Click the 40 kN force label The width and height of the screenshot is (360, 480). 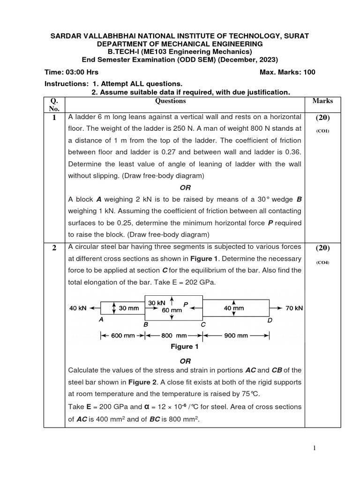78,308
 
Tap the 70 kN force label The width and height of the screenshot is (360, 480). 294,308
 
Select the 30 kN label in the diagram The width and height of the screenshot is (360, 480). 157,303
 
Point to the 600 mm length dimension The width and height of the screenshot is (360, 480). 123,336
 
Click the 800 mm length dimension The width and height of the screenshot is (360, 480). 174,336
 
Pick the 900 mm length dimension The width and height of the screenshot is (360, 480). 235,336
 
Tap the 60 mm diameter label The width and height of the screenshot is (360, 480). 172,310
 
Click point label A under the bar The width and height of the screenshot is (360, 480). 101,319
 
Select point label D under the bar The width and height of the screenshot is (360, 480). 270,320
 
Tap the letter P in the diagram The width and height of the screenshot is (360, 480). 186,305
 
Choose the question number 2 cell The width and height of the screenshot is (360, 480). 54,248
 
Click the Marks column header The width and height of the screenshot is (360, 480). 322,101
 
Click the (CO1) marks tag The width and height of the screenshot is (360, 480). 322,131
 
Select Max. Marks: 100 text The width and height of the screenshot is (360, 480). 287,72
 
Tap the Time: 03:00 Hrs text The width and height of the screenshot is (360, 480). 71,72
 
